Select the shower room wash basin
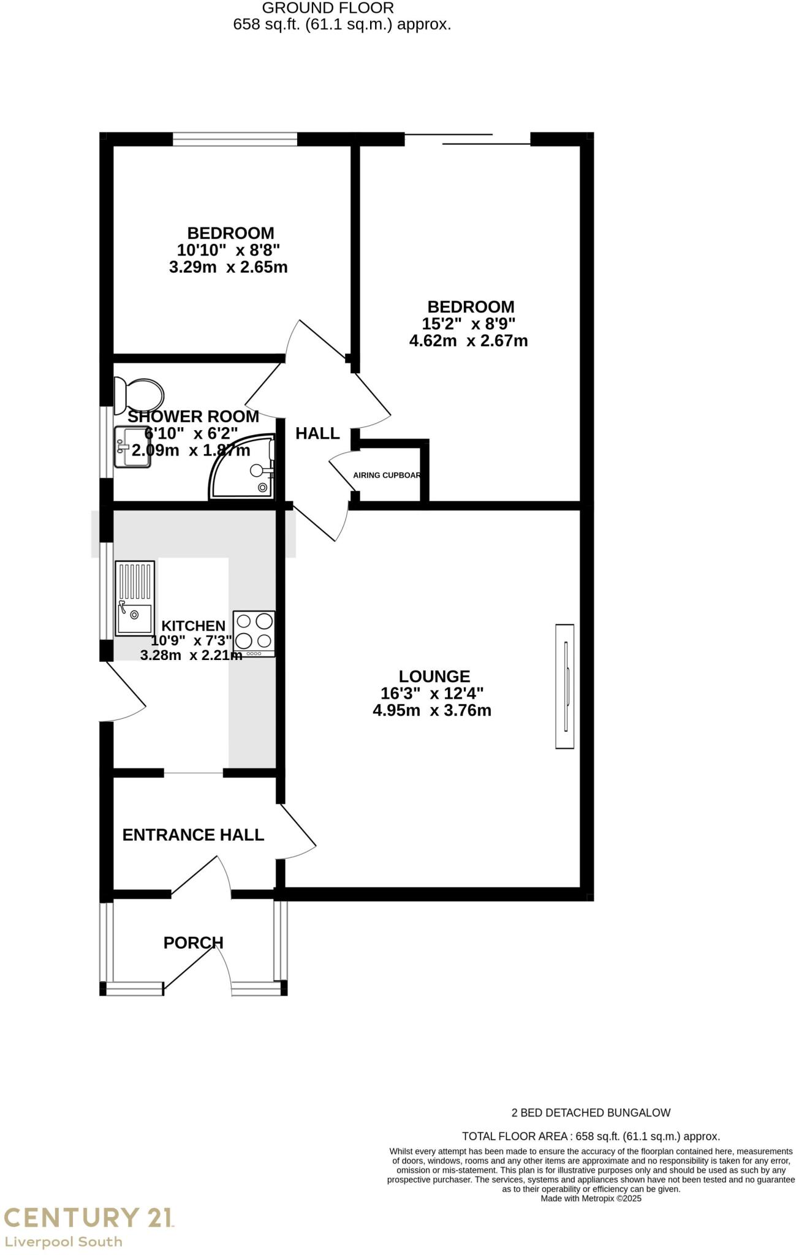point(132,447)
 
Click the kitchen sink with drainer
point(135,597)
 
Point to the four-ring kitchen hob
point(254,634)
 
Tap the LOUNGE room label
point(434,677)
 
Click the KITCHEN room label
point(193,626)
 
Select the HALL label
point(317,434)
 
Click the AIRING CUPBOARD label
point(387,476)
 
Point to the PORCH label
point(193,942)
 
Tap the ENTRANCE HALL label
point(193,835)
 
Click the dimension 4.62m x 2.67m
point(468,341)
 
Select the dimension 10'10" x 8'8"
point(229,250)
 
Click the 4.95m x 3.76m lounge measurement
point(431,711)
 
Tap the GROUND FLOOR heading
point(328,8)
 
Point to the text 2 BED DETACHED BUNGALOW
point(591,1112)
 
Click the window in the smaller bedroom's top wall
point(235,140)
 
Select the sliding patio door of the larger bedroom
point(467,140)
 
